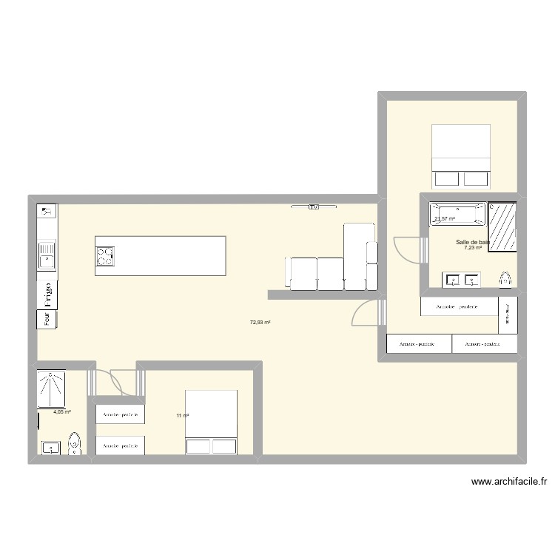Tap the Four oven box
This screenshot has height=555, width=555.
[47, 320]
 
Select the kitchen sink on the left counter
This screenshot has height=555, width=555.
[47, 255]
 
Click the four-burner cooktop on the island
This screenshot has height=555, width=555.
[106, 256]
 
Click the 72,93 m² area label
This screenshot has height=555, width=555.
[260, 323]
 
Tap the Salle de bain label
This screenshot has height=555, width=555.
[473, 241]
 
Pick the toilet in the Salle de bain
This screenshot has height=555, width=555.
[505, 278]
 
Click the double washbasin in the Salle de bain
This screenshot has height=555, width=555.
[462, 279]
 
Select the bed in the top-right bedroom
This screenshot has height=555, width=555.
[461, 155]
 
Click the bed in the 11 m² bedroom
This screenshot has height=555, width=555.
[212, 423]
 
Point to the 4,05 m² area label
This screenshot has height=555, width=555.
[61, 412]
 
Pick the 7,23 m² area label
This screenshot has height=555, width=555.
[473, 249]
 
